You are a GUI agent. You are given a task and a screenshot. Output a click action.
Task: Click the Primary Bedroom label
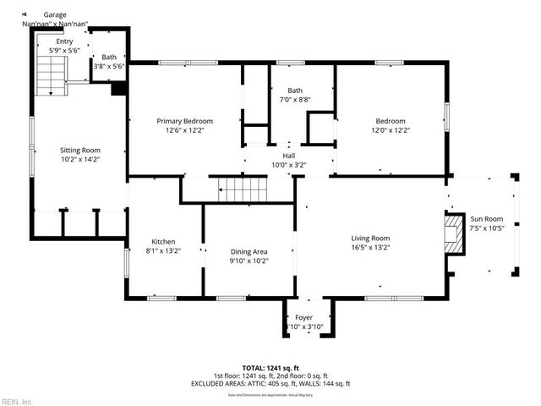(x=185, y=121)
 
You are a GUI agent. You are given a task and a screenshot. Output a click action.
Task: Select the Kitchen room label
(x=163, y=241)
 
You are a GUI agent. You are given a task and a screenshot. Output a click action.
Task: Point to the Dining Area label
(x=249, y=251)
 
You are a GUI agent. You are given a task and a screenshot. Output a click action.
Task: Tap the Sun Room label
(x=486, y=218)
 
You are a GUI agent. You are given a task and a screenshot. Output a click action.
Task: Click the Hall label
(x=289, y=156)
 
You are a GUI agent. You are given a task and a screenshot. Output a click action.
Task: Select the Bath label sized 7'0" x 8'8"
(x=294, y=91)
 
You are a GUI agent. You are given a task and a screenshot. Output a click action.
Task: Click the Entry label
(x=64, y=41)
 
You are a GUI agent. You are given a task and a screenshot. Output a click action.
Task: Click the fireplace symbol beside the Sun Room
(x=456, y=233)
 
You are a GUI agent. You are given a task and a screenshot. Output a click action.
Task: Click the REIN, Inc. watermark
(x=17, y=401)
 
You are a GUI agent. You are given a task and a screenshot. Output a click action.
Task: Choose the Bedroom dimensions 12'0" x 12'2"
(x=391, y=130)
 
